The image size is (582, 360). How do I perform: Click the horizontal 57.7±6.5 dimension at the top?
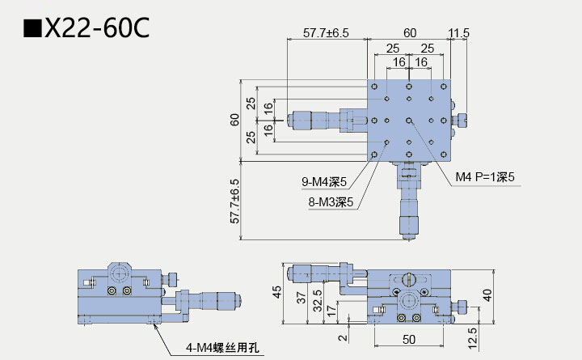(326, 33)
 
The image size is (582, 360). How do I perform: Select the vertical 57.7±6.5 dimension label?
(235, 201)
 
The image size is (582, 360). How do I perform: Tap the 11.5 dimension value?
(458, 33)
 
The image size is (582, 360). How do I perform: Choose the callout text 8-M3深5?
(331, 202)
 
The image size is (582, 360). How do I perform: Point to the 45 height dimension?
(276, 292)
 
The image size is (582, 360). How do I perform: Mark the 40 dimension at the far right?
(487, 294)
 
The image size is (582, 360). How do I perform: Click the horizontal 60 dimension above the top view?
(410, 33)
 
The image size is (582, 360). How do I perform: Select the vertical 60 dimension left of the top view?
(235, 120)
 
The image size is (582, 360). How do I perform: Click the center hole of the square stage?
(410, 120)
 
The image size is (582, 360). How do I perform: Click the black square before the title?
(32, 30)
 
